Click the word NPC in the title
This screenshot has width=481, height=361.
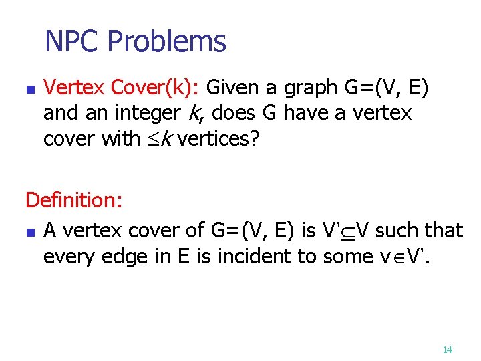tap(71, 41)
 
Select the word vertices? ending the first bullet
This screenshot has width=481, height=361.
tap(216, 139)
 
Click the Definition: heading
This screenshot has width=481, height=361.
tap(72, 200)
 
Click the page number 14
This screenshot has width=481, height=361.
tap(448, 350)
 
